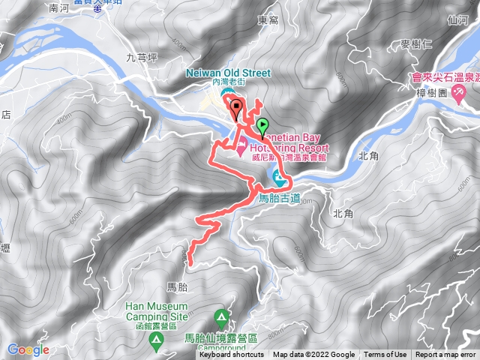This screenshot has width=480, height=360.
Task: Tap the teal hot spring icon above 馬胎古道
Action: point(279,179)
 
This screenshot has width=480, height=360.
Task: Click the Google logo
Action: point(28,349)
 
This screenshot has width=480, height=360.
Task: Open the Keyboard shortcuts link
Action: point(231,355)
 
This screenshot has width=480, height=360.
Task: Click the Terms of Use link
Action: point(385,355)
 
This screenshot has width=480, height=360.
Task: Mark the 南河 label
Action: point(58,9)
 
